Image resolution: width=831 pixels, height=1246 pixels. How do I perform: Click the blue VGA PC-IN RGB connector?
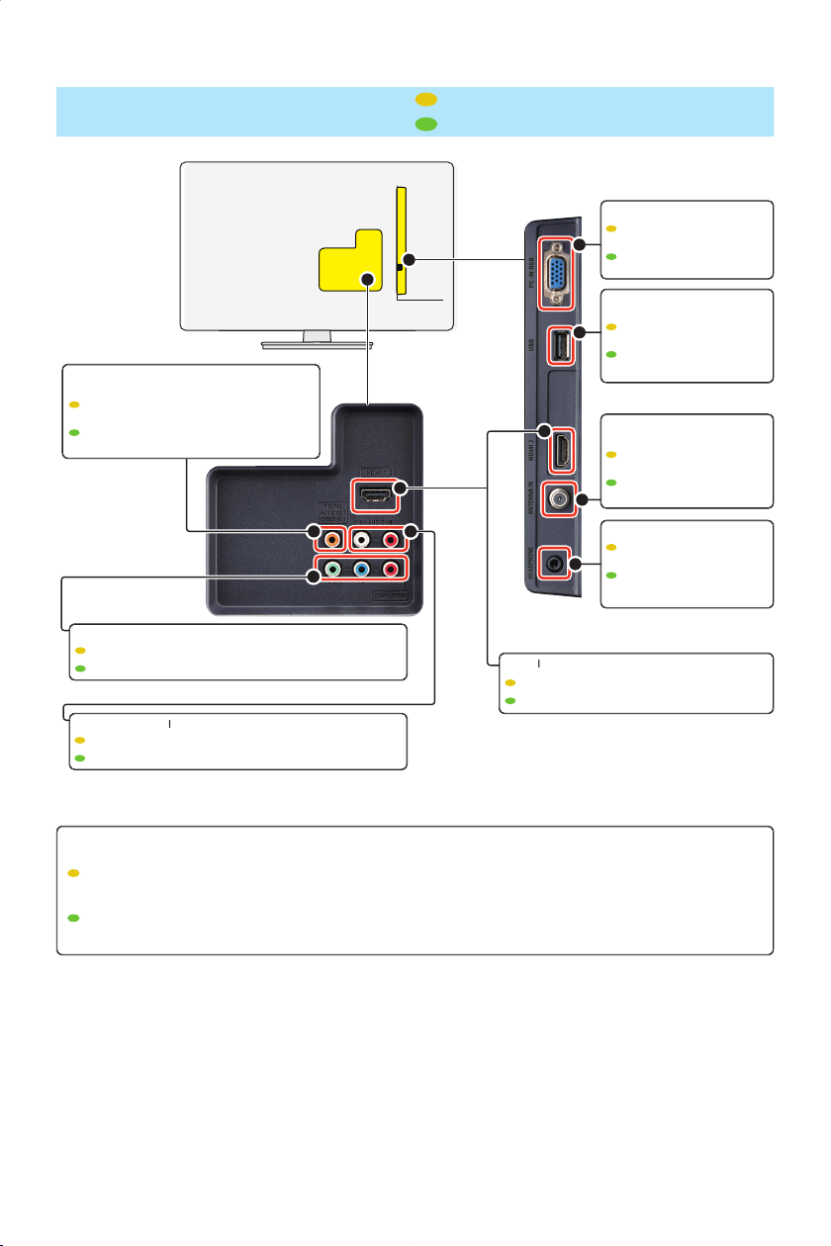[557, 265]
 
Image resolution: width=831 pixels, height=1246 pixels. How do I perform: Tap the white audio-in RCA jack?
[365, 539]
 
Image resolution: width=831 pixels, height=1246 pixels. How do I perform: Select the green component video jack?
[335, 571]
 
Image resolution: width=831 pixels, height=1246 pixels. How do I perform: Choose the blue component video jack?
[365, 571]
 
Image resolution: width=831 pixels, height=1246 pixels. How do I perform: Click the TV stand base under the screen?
[317, 345]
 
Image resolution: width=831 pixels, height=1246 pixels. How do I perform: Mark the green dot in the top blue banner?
[426, 124]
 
